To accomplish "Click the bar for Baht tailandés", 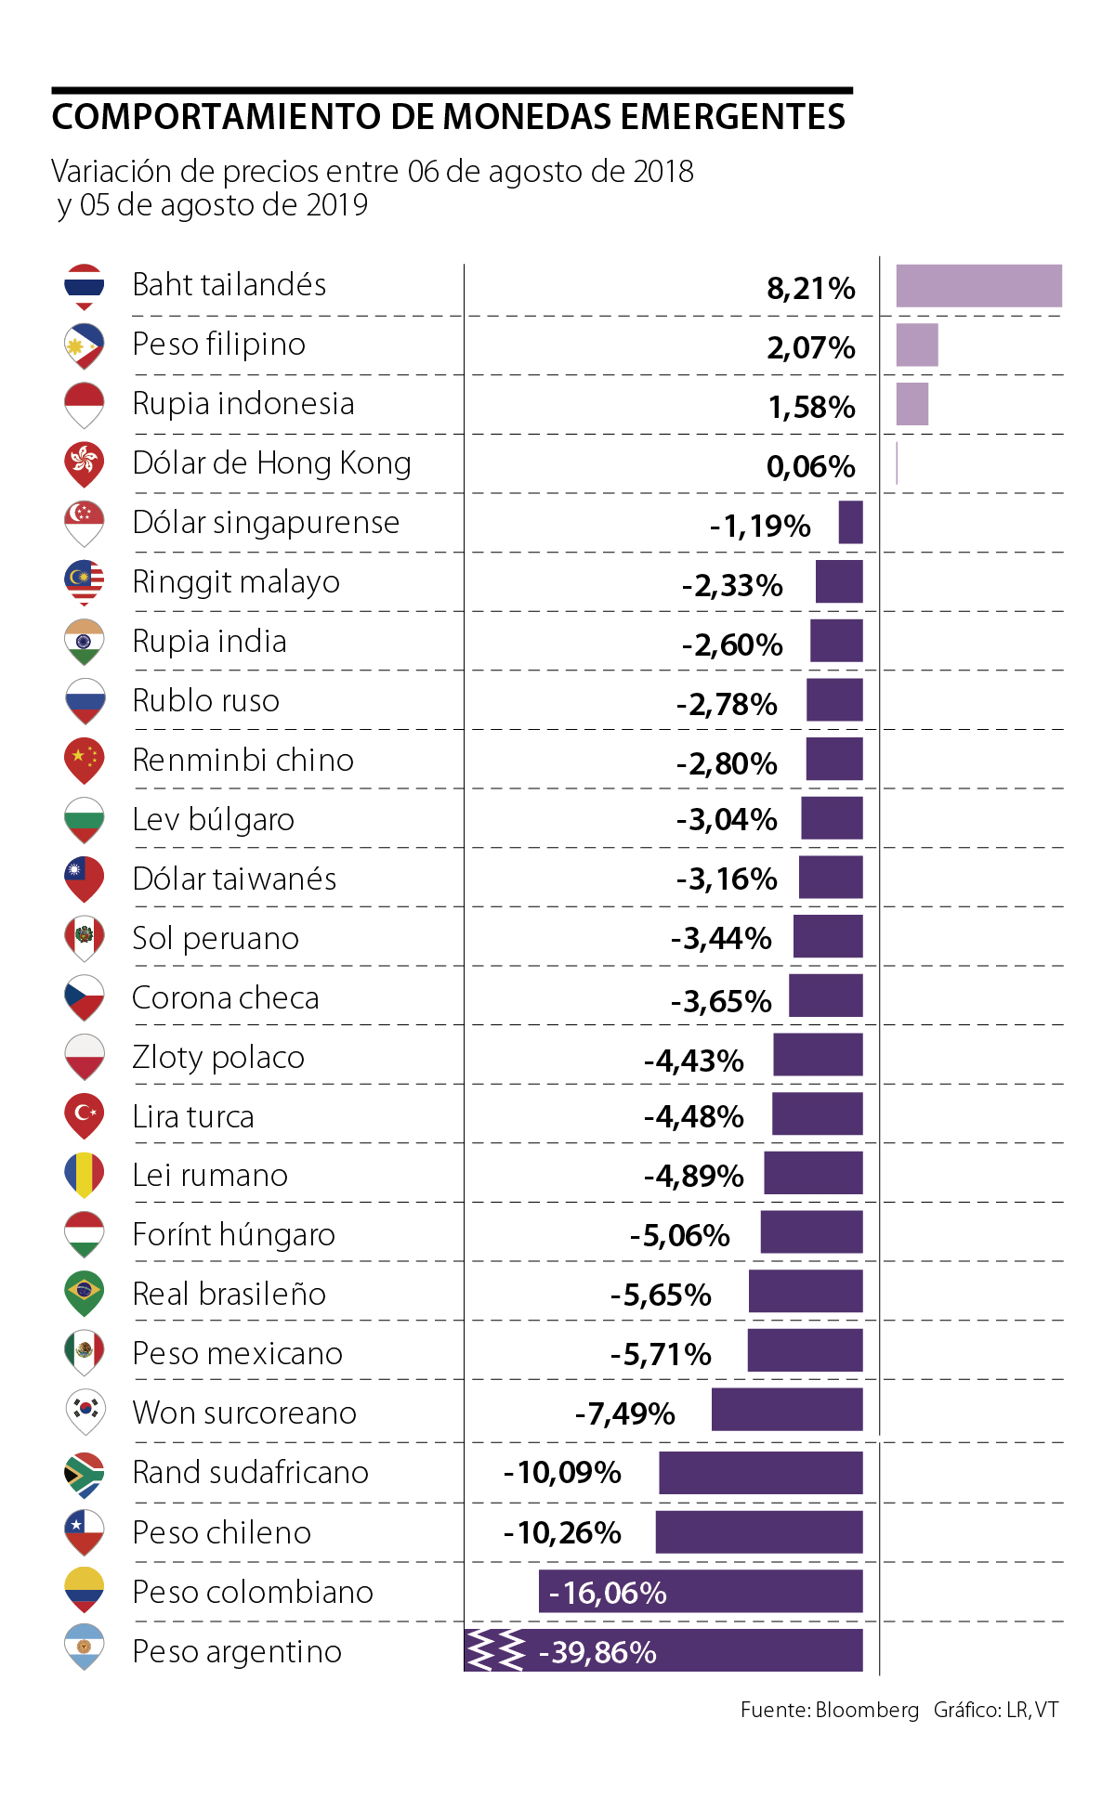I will point(978,286).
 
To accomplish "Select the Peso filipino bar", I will point(916,345).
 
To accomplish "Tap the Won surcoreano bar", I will point(787,1410).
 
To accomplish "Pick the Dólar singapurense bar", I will point(850,523).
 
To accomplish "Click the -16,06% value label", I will point(608,1593).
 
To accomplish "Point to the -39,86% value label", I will point(597,1652).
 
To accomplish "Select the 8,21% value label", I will point(810,289).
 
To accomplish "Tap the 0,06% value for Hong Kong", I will point(810,466).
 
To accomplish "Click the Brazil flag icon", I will point(84,1292).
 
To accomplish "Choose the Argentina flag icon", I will point(84,1647).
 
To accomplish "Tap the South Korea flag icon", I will point(84,1410).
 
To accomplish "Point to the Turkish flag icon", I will point(84,1113).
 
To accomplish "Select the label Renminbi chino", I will point(243,761).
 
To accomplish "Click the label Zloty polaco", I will point(218,1057).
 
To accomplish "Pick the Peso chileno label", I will point(221,1532).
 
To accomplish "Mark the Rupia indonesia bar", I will point(912,404).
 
